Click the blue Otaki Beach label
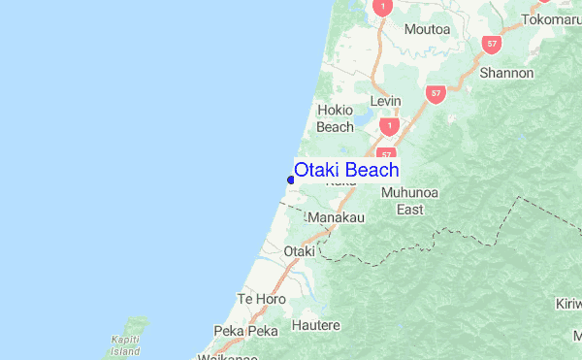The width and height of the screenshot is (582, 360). (x=346, y=171)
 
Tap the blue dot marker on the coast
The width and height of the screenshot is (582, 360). (x=291, y=179)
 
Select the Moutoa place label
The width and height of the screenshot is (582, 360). (x=428, y=30)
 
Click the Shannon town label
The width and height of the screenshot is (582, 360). (x=506, y=73)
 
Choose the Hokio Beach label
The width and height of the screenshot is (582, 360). (x=335, y=118)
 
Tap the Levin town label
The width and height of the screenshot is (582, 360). (x=386, y=102)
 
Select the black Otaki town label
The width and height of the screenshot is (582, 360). (x=299, y=251)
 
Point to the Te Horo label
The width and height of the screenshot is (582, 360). (x=262, y=299)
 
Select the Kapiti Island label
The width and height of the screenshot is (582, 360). (x=125, y=345)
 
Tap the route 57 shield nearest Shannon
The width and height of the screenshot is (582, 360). (x=494, y=44)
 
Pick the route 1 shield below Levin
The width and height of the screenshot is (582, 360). (x=389, y=126)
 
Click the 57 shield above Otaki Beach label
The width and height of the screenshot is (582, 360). (x=387, y=154)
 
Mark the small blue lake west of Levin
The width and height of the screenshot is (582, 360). (x=363, y=120)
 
